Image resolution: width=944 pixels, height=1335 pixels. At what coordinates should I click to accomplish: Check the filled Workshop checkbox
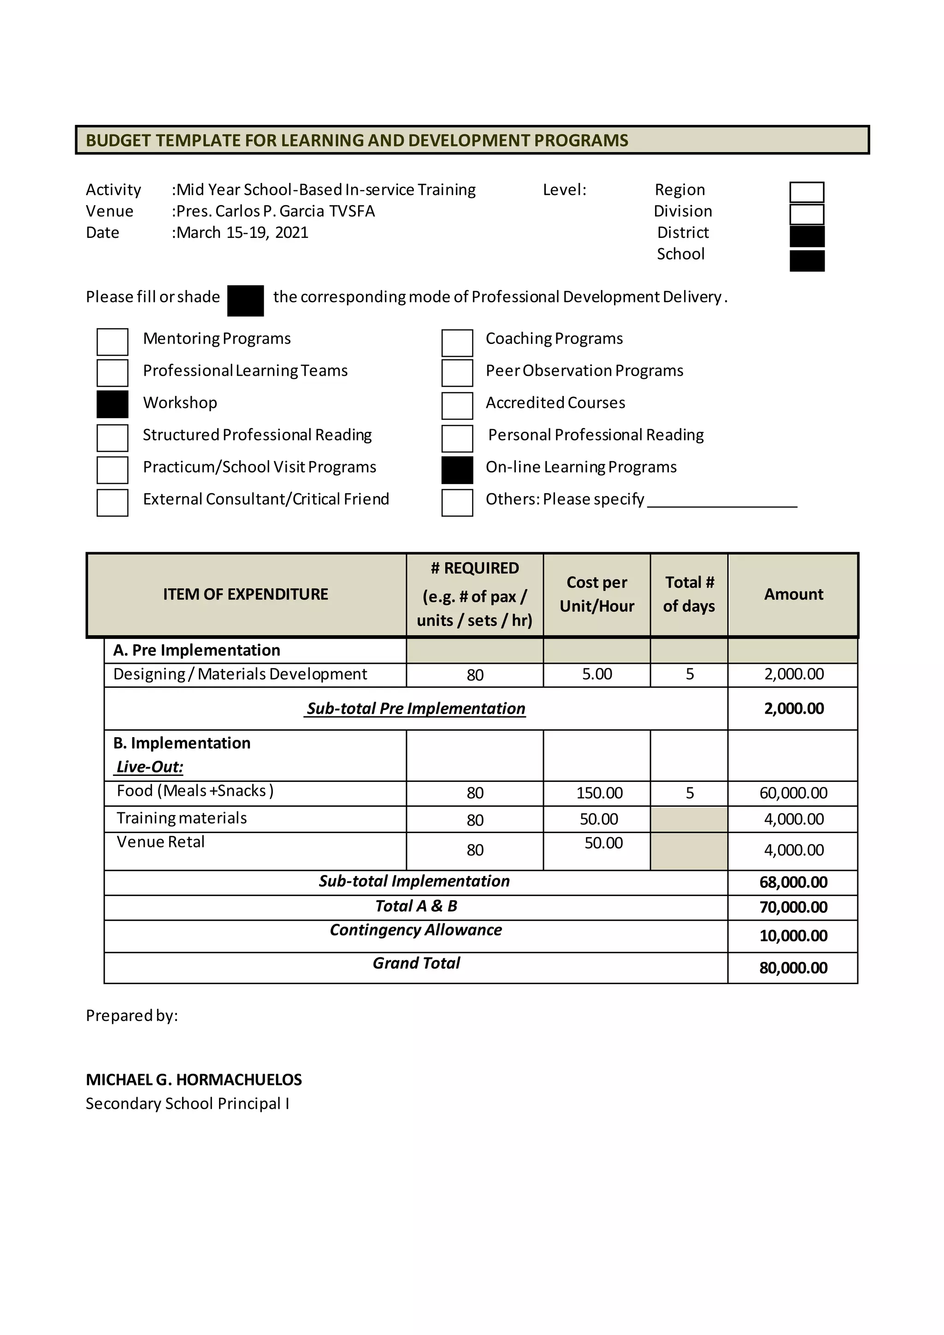pyautogui.click(x=112, y=404)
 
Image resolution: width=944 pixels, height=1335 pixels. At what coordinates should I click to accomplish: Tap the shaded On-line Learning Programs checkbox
pyautogui.click(x=457, y=470)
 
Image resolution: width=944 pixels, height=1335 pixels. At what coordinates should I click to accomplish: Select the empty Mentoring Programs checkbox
pyautogui.click(x=112, y=342)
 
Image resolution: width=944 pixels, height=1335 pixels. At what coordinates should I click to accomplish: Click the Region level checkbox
pyautogui.click(x=807, y=192)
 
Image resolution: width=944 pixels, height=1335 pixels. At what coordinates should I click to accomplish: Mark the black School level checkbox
pyautogui.click(x=807, y=260)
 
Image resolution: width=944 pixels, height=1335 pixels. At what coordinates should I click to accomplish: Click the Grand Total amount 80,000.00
pyautogui.click(x=793, y=968)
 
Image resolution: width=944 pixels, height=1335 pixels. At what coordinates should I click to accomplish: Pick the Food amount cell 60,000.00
pyautogui.click(x=793, y=793)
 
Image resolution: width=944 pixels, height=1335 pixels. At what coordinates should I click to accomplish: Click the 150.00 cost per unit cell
pyautogui.click(x=599, y=793)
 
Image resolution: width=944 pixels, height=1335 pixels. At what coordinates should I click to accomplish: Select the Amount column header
pyautogui.click(x=793, y=594)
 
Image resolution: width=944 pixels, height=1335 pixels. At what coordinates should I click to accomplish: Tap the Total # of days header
pyautogui.click(x=689, y=594)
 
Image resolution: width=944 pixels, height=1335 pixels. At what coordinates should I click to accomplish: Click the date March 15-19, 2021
pyautogui.click(x=242, y=233)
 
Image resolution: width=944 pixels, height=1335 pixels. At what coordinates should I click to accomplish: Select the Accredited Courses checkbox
pyautogui.click(x=457, y=406)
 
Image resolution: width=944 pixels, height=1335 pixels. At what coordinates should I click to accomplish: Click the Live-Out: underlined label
pyautogui.click(x=149, y=767)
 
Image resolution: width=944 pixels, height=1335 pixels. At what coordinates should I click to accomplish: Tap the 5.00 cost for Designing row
pyautogui.click(x=597, y=674)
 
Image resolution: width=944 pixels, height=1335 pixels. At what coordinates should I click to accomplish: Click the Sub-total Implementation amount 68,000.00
pyautogui.click(x=793, y=883)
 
